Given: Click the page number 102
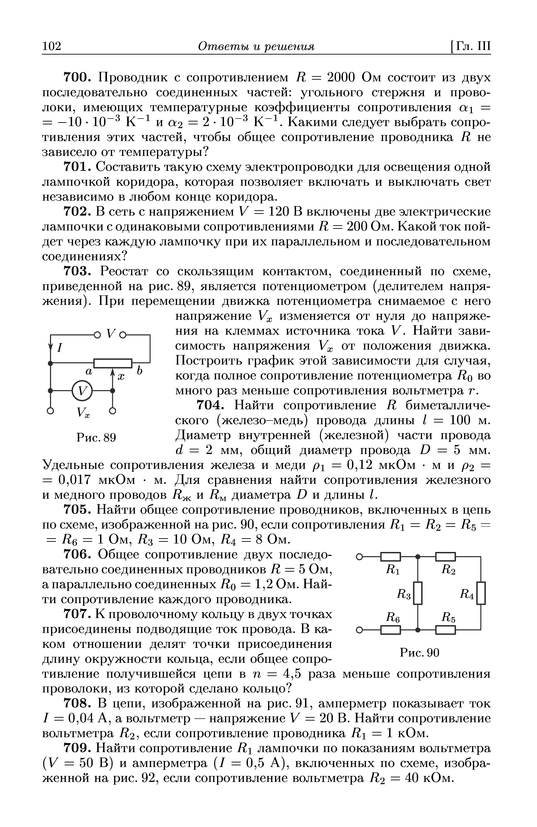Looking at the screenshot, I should point(51,46).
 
